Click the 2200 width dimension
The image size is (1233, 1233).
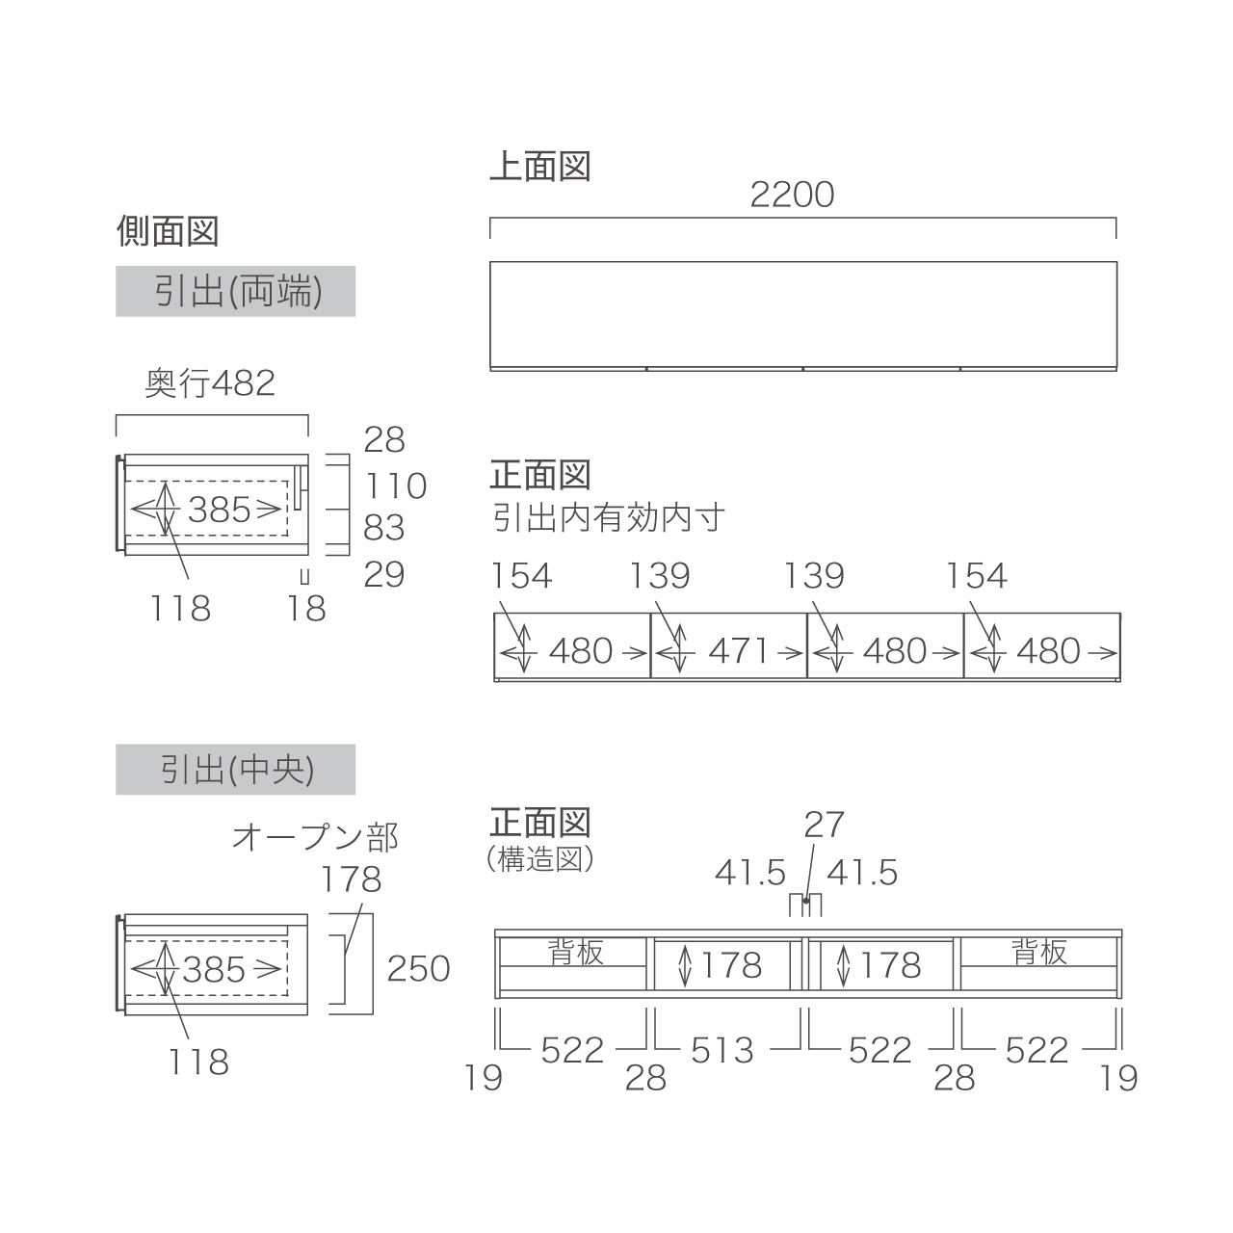coord(792,196)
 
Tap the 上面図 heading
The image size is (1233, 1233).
coord(539,167)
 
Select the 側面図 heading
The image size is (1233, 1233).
coord(168,231)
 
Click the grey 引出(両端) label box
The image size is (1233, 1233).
coord(236,291)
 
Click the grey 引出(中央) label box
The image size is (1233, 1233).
coord(236,770)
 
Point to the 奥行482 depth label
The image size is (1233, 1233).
coord(210,383)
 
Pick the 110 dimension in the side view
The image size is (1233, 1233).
coord(395,485)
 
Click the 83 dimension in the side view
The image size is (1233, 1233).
coord(384,528)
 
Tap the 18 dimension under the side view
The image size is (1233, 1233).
coord(307,609)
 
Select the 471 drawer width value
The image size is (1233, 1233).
coord(739,651)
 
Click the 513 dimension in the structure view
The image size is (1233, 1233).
coord(722,1049)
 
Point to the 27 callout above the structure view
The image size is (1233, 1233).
coord(824,825)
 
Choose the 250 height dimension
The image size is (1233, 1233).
coord(419,968)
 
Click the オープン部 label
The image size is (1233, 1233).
coord(315,837)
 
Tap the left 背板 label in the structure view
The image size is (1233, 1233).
coord(576,953)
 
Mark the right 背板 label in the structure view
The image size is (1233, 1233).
coord(1039,953)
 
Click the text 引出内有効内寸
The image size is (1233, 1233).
coord(608,518)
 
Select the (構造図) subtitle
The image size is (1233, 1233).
coord(540,858)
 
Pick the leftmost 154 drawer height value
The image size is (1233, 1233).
coord(521,576)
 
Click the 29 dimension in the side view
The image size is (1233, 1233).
coord(384,574)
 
